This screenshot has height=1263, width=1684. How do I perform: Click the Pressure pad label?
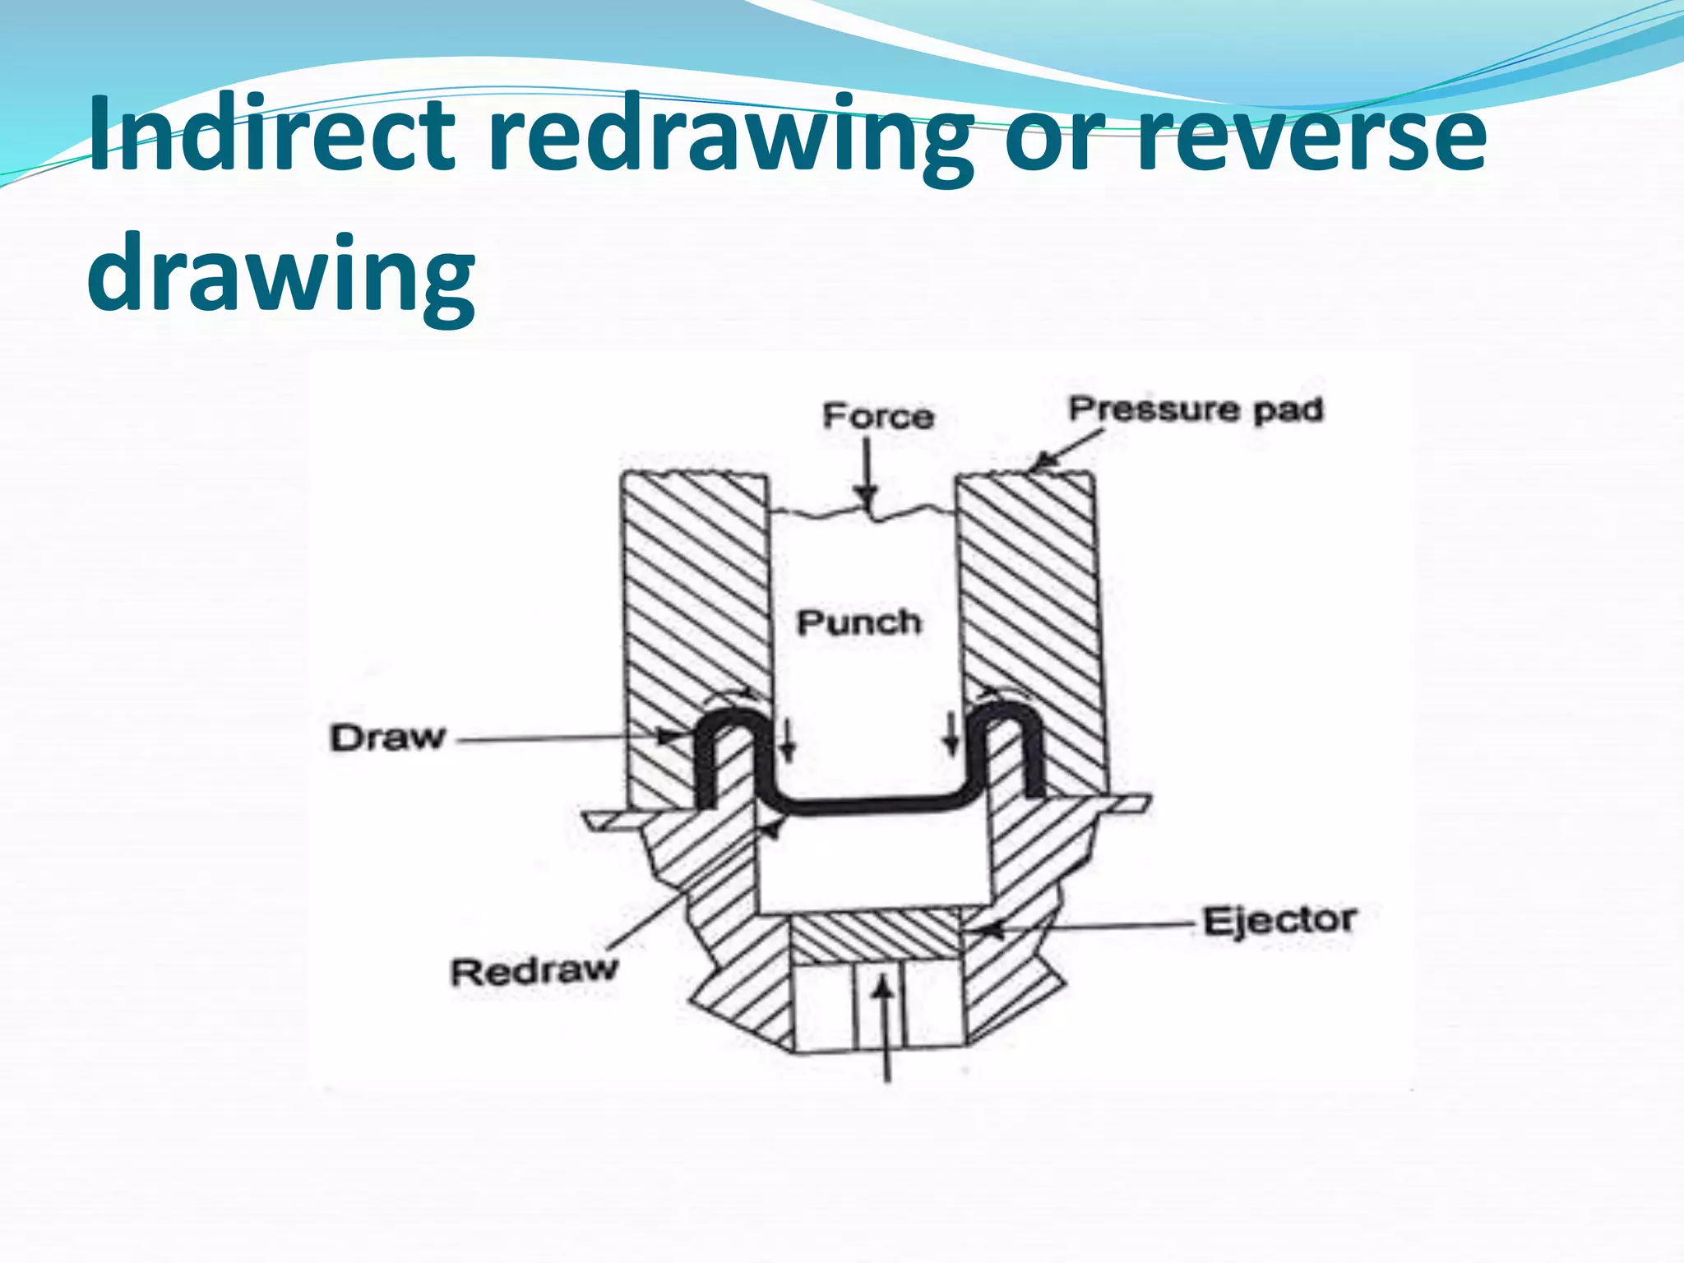click(x=1196, y=409)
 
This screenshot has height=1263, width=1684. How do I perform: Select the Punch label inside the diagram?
click(x=858, y=622)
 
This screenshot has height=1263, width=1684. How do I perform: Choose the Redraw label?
click(x=533, y=971)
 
